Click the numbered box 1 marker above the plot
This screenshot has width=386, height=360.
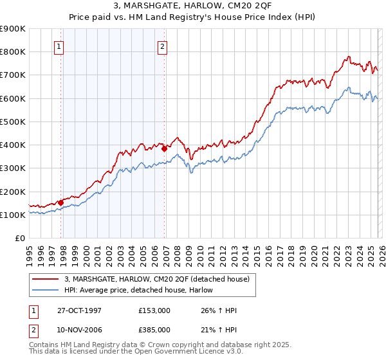click(59, 46)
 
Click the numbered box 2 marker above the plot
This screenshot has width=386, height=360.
click(162, 46)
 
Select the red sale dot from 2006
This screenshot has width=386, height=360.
click(164, 148)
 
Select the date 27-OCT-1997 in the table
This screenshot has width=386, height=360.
click(78, 310)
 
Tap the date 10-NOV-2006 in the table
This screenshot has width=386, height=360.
click(78, 329)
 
